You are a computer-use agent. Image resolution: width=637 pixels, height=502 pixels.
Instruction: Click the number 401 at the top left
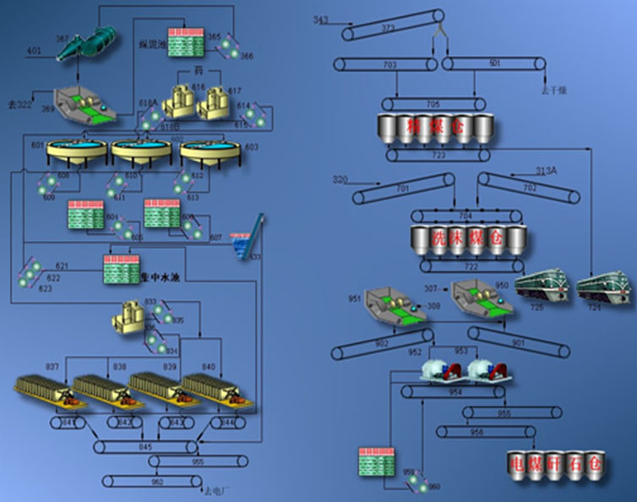[x=33, y=52]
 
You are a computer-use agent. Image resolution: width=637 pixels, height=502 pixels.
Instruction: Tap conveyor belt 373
[x=392, y=30]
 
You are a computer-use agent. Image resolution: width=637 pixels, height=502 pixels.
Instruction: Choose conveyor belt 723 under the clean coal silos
[x=438, y=156]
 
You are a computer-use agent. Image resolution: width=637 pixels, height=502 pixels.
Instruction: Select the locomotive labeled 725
[x=540, y=290]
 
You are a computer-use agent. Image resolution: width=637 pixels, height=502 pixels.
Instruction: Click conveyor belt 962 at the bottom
[x=156, y=483]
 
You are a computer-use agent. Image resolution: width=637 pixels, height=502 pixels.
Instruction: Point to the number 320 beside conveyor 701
[x=340, y=180]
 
